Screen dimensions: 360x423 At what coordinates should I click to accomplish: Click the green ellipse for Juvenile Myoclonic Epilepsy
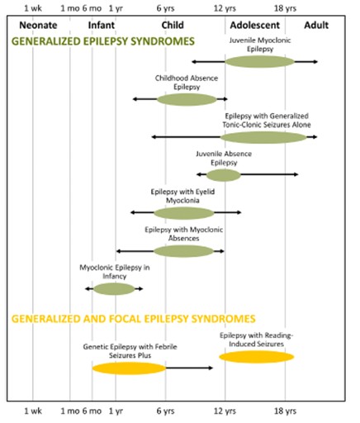coord(259,61)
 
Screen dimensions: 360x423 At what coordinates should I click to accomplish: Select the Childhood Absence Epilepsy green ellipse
coord(187,99)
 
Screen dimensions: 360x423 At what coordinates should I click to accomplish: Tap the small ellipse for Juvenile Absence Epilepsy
coord(224,175)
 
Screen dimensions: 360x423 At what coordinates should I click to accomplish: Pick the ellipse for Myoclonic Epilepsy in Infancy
coord(114,289)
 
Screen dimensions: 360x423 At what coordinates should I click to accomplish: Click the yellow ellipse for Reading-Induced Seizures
coord(257,357)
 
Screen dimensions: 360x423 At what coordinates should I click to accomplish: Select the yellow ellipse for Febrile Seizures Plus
coord(129,368)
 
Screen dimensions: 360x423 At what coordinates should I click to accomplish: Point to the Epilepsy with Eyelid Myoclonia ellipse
coord(184,213)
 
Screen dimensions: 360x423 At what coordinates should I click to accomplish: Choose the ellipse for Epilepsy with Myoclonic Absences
coord(183,251)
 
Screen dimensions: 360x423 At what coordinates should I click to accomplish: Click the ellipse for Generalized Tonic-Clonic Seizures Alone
coord(263,137)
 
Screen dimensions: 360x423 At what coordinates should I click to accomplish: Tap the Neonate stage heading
coord(38,26)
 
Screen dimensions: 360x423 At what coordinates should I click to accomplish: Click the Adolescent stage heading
coord(255,26)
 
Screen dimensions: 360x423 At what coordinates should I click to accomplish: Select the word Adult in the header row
coord(316,26)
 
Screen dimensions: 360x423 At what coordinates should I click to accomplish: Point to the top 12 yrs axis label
coord(225,8)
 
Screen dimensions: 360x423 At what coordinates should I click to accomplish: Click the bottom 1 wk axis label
coord(33,411)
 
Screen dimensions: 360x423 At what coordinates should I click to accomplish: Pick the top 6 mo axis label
coord(92,8)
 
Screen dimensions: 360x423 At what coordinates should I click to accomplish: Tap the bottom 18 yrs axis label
coord(285,411)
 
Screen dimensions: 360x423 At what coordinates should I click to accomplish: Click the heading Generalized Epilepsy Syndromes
coord(103,41)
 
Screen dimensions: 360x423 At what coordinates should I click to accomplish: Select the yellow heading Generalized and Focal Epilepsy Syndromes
coord(134,319)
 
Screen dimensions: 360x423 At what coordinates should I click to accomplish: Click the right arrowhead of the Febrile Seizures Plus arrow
coord(211,368)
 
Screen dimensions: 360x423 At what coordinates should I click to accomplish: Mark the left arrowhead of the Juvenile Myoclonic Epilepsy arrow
coord(194,62)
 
